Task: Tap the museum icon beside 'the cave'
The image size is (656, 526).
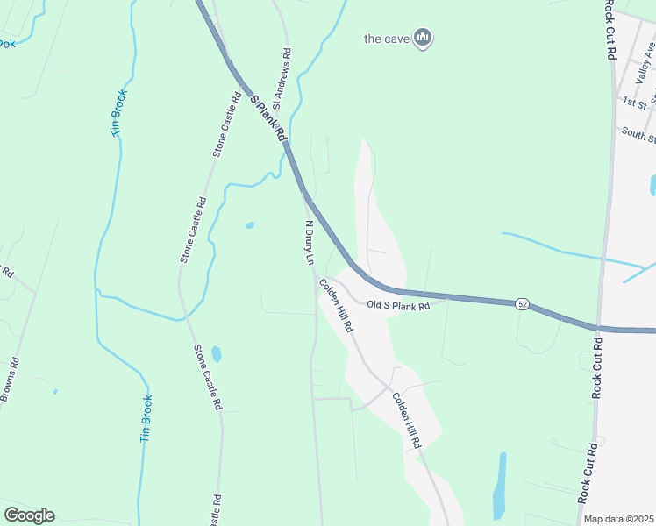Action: [x=424, y=38]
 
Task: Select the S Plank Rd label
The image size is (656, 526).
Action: [x=268, y=119]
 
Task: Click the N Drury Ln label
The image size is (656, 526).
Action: [x=309, y=243]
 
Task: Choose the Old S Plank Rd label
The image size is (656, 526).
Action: [x=398, y=306]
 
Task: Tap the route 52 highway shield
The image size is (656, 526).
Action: [x=523, y=303]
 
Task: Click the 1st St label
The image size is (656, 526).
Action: [x=635, y=103]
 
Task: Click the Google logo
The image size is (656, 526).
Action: [x=29, y=515]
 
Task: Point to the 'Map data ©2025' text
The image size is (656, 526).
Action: [x=619, y=519]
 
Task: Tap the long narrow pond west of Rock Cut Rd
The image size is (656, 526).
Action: [x=500, y=487]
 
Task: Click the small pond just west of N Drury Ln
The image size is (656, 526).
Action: [x=250, y=225]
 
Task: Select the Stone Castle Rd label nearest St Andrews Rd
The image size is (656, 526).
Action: [x=225, y=125]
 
